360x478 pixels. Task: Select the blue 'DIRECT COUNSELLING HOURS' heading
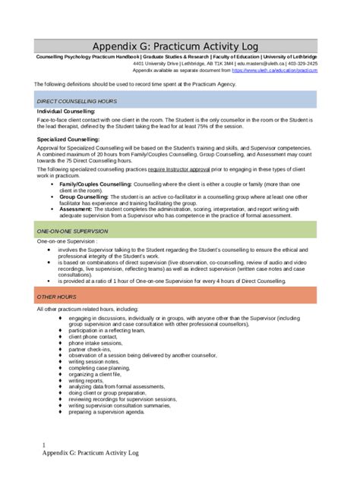77,101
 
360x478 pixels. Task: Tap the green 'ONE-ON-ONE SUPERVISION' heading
72,231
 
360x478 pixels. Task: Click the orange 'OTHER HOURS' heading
55,296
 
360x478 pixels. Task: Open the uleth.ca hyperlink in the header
274,70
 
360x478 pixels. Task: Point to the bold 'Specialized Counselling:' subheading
68,140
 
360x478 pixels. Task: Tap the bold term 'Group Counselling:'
84,197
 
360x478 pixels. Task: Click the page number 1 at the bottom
44,445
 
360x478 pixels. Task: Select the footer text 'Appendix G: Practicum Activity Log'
91,453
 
